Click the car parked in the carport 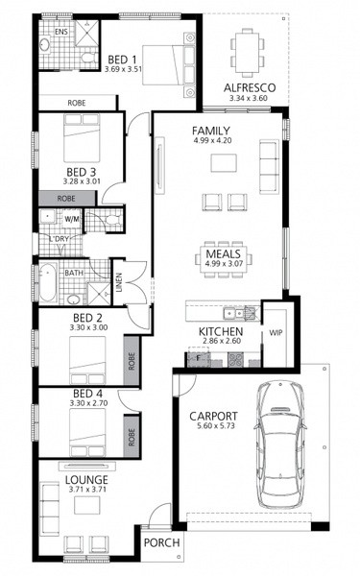click(279, 444)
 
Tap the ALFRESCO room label click(250, 88)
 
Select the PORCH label click(161, 542)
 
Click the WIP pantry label click(276, 333)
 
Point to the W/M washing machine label click(72, 219)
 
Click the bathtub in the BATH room click(48, 281)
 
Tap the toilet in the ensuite click(88, 58)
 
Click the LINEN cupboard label click(119, 282)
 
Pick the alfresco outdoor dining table click(248, 53)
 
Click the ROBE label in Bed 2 click(132, 361)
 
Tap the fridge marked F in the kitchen click(199, 357)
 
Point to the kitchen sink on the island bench click(233, 313)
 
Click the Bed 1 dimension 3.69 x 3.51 click(123, 69)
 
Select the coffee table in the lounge click(86, 505)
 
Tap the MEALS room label click(223, 253)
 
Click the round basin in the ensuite click(45, 45)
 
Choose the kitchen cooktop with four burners click(235, 360)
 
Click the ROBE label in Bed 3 click(66, 199)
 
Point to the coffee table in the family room click(224, 163)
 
